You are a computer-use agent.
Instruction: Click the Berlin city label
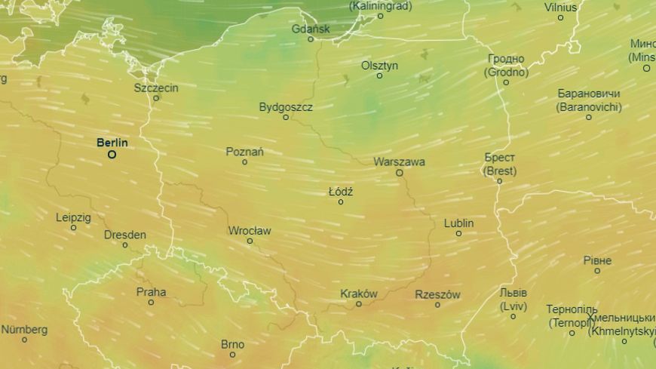112,142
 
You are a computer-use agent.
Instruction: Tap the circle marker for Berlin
112,155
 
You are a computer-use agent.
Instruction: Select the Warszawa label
399,161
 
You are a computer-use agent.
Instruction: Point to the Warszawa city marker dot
400,173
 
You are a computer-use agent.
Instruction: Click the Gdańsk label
311,29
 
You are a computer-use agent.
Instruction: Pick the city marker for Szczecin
156,98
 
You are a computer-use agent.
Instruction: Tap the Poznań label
245,152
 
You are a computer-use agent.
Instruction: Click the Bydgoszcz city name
286,106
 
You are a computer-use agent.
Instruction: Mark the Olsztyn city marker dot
379,75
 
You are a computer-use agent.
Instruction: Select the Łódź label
341,192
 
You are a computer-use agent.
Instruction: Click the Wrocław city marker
250,241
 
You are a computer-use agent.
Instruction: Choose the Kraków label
359,294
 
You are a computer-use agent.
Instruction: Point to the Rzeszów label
437,294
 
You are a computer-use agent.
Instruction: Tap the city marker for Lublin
458,234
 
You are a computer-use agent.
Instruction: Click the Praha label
151,292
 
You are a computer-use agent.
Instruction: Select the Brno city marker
232,355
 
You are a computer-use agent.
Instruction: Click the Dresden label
125,235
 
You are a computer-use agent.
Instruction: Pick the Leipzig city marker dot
73,228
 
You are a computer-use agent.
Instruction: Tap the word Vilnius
560,7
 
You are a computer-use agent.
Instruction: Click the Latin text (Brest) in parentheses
500,171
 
